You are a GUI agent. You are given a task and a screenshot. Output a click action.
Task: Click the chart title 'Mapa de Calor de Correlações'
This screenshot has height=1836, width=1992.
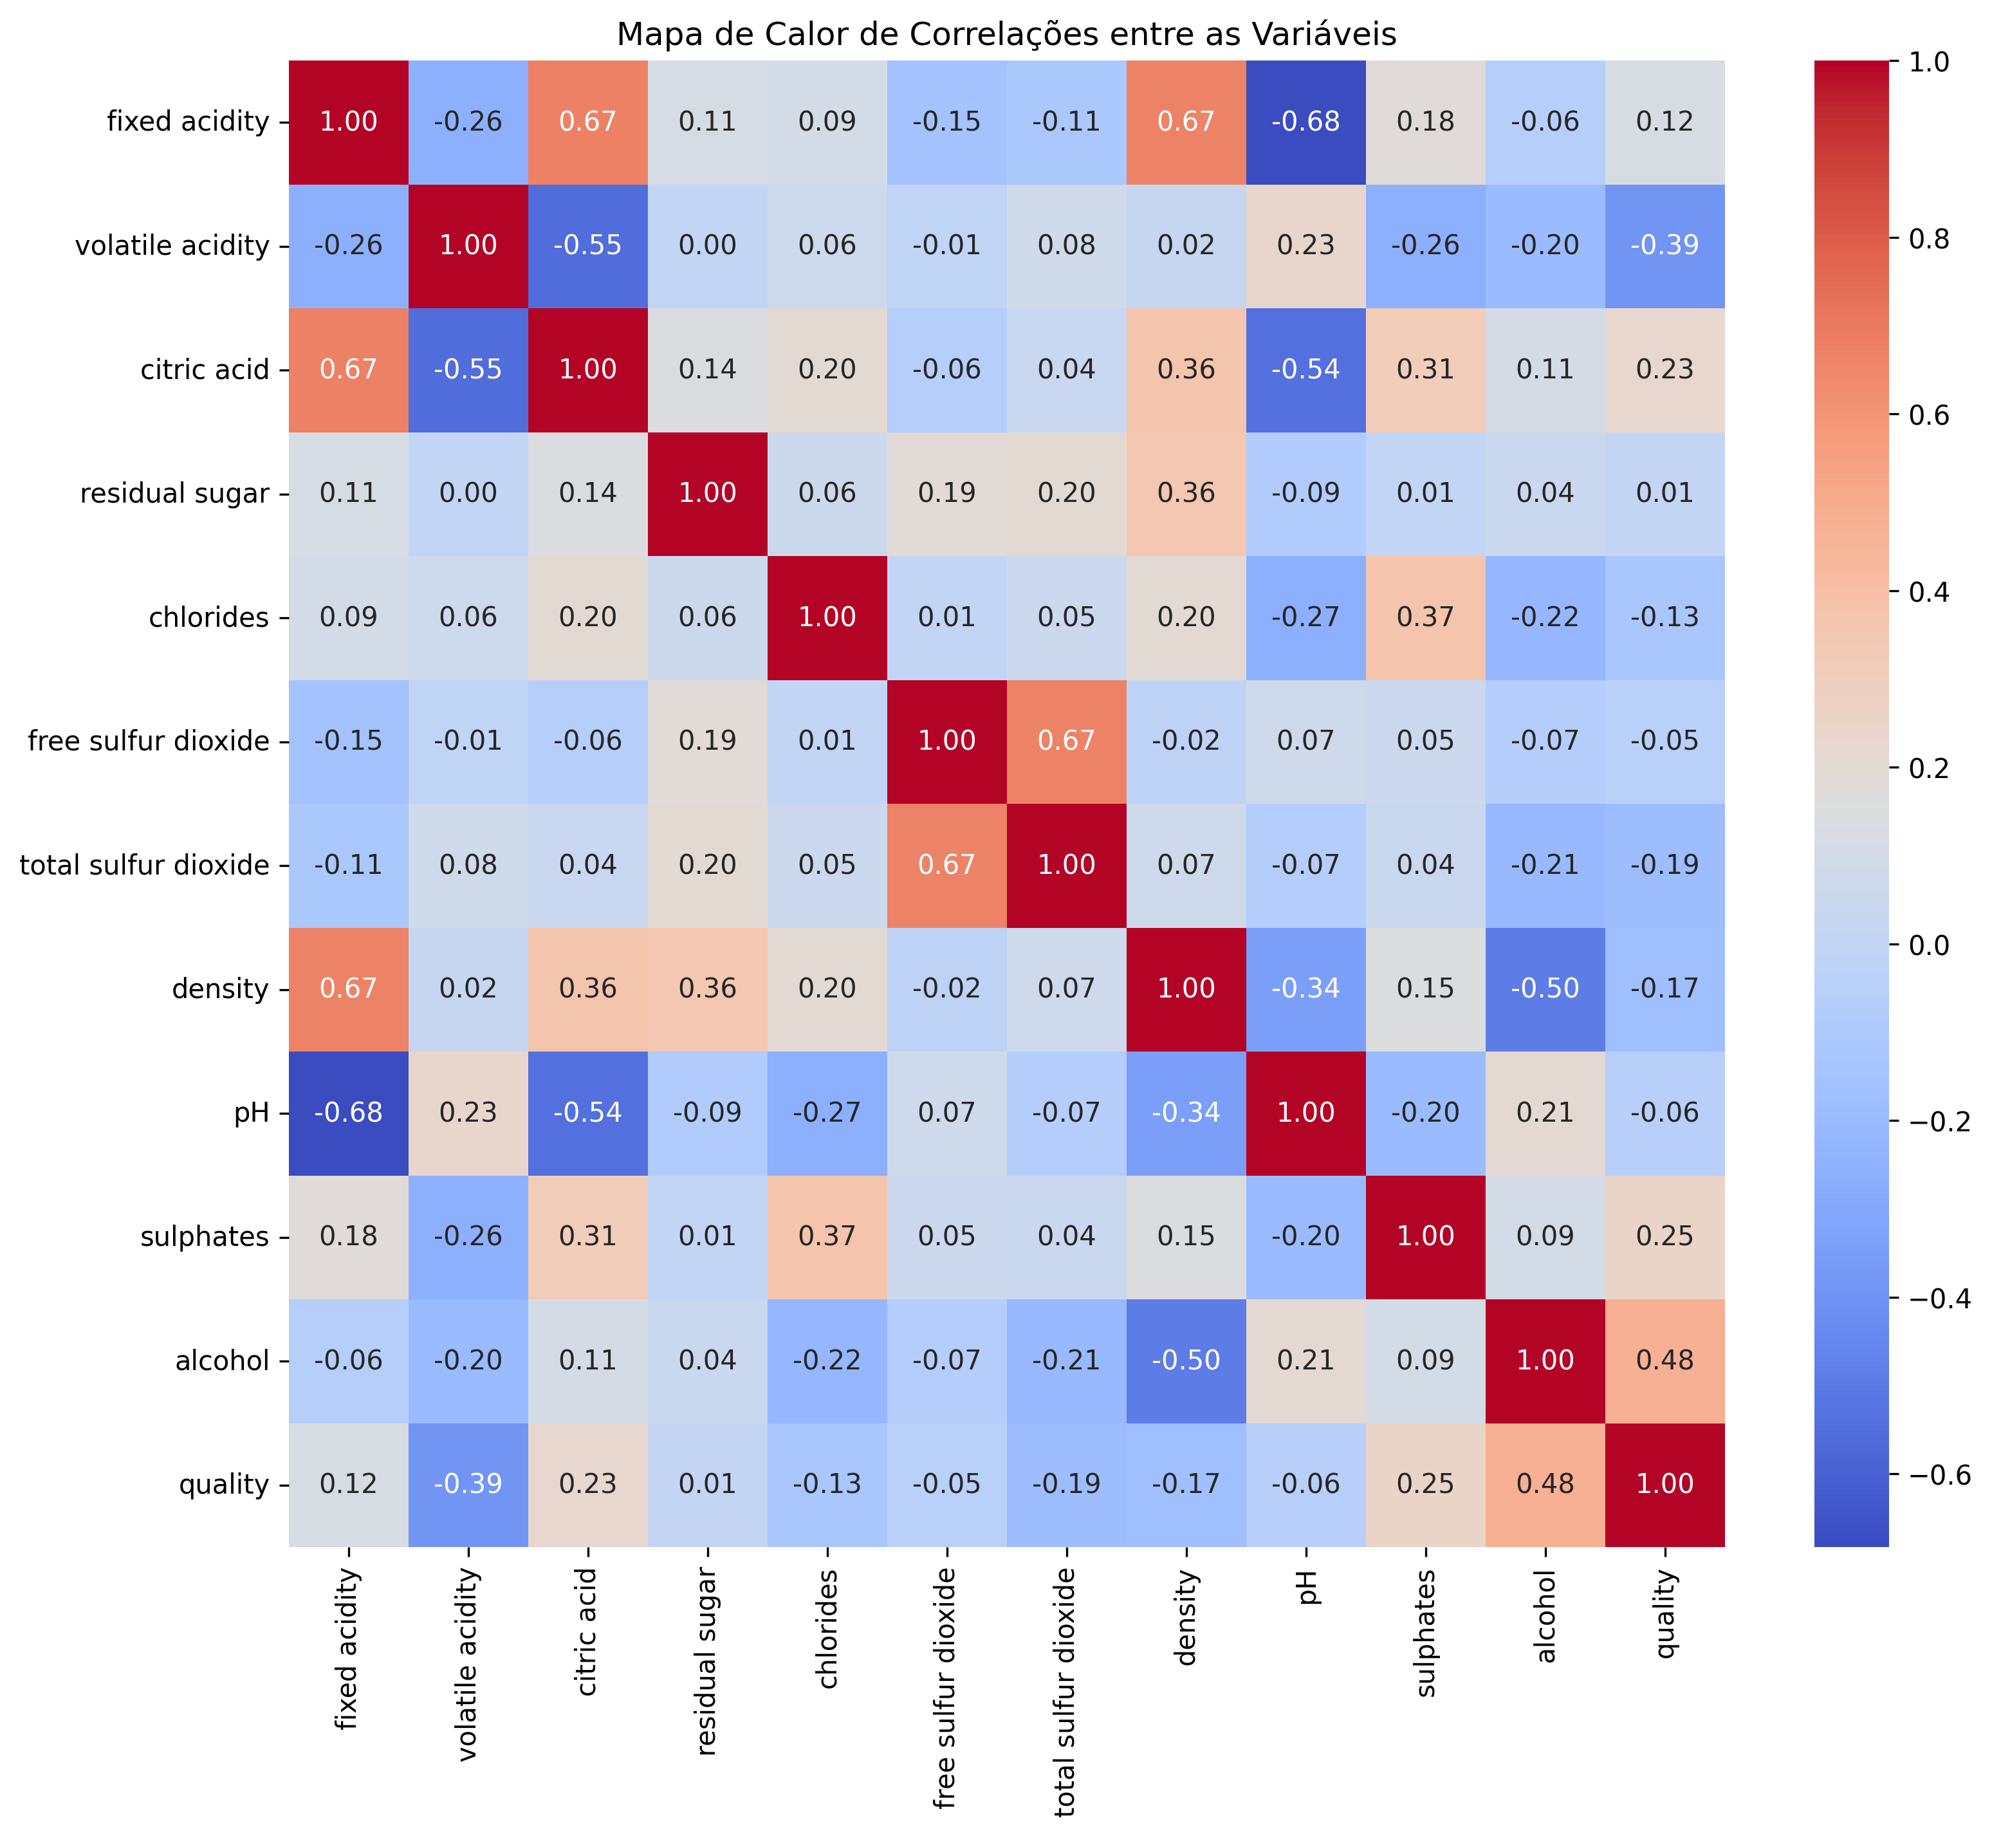tap(1006, 35)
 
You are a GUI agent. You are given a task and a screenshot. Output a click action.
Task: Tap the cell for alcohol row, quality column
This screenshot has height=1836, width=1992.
tap(1664, 1360)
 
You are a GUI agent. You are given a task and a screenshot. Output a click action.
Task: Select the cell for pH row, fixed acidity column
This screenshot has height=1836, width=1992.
tap(349, 1113)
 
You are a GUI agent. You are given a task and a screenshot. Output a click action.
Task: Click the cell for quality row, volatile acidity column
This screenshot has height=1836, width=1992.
tap(468, 1484)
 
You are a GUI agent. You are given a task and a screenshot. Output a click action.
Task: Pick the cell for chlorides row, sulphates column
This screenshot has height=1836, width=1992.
tap(1425, 618)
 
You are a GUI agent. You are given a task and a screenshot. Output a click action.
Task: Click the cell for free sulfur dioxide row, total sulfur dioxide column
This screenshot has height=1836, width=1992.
tap(1066, 741)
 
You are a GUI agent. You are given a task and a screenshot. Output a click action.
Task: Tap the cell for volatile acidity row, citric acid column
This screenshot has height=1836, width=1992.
tap(588, 245)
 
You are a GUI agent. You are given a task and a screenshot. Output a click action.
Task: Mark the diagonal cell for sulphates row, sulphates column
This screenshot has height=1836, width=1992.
tap(1425, 1237)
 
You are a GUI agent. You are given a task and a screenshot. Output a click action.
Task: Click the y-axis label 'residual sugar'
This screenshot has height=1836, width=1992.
tap(175, 494)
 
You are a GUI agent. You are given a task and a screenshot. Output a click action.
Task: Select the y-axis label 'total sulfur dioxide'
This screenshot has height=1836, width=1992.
tap(145, 866)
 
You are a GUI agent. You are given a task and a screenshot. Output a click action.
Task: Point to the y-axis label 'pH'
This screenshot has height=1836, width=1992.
tap(252, 1113)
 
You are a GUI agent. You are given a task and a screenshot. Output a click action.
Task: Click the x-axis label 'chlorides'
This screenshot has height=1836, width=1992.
tap(827, 1629)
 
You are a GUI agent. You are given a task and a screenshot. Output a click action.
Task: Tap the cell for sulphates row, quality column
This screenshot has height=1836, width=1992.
tap(1664, 1237)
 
